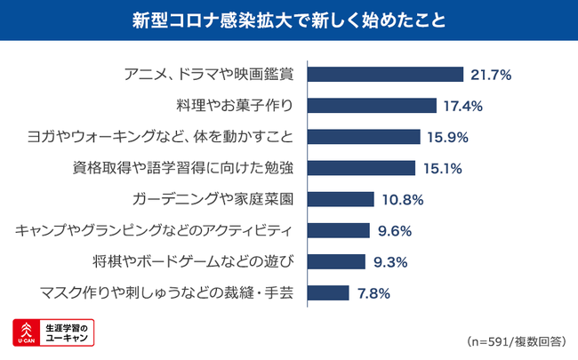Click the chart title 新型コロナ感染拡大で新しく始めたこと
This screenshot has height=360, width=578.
(289, 20)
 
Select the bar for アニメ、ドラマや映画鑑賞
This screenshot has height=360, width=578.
(385, 75)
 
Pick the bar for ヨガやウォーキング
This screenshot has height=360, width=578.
(364, 137)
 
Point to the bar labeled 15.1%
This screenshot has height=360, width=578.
(361, 168)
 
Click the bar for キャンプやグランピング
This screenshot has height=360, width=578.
(338, 230)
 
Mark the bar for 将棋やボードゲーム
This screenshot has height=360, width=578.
(336, 261)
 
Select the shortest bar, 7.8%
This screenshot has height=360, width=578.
(327, 292)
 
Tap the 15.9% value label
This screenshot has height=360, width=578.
(446, 137)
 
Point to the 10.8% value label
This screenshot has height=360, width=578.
(403, 199)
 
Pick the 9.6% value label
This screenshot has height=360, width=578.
(392, 230)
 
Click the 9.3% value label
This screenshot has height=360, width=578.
(389, 261)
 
